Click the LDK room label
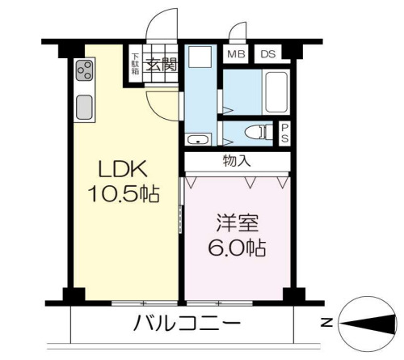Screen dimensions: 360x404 [x=123, y=170]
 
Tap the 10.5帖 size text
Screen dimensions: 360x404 [x=123, y=195]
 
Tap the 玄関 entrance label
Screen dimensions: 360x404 [x=160, y=65]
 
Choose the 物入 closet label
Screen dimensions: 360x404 [x=237, y=159]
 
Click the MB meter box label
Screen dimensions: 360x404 [x=236, y=55]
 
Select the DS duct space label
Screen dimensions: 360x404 [x=267, y=55]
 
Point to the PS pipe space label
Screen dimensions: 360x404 [x=285, y=133]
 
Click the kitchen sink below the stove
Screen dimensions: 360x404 [x=85, y=106]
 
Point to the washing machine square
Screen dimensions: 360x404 [x=198, y=58]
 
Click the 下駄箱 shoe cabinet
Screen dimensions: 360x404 [x=135, y=63]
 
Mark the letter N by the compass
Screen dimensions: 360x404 [x=326, y=323]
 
